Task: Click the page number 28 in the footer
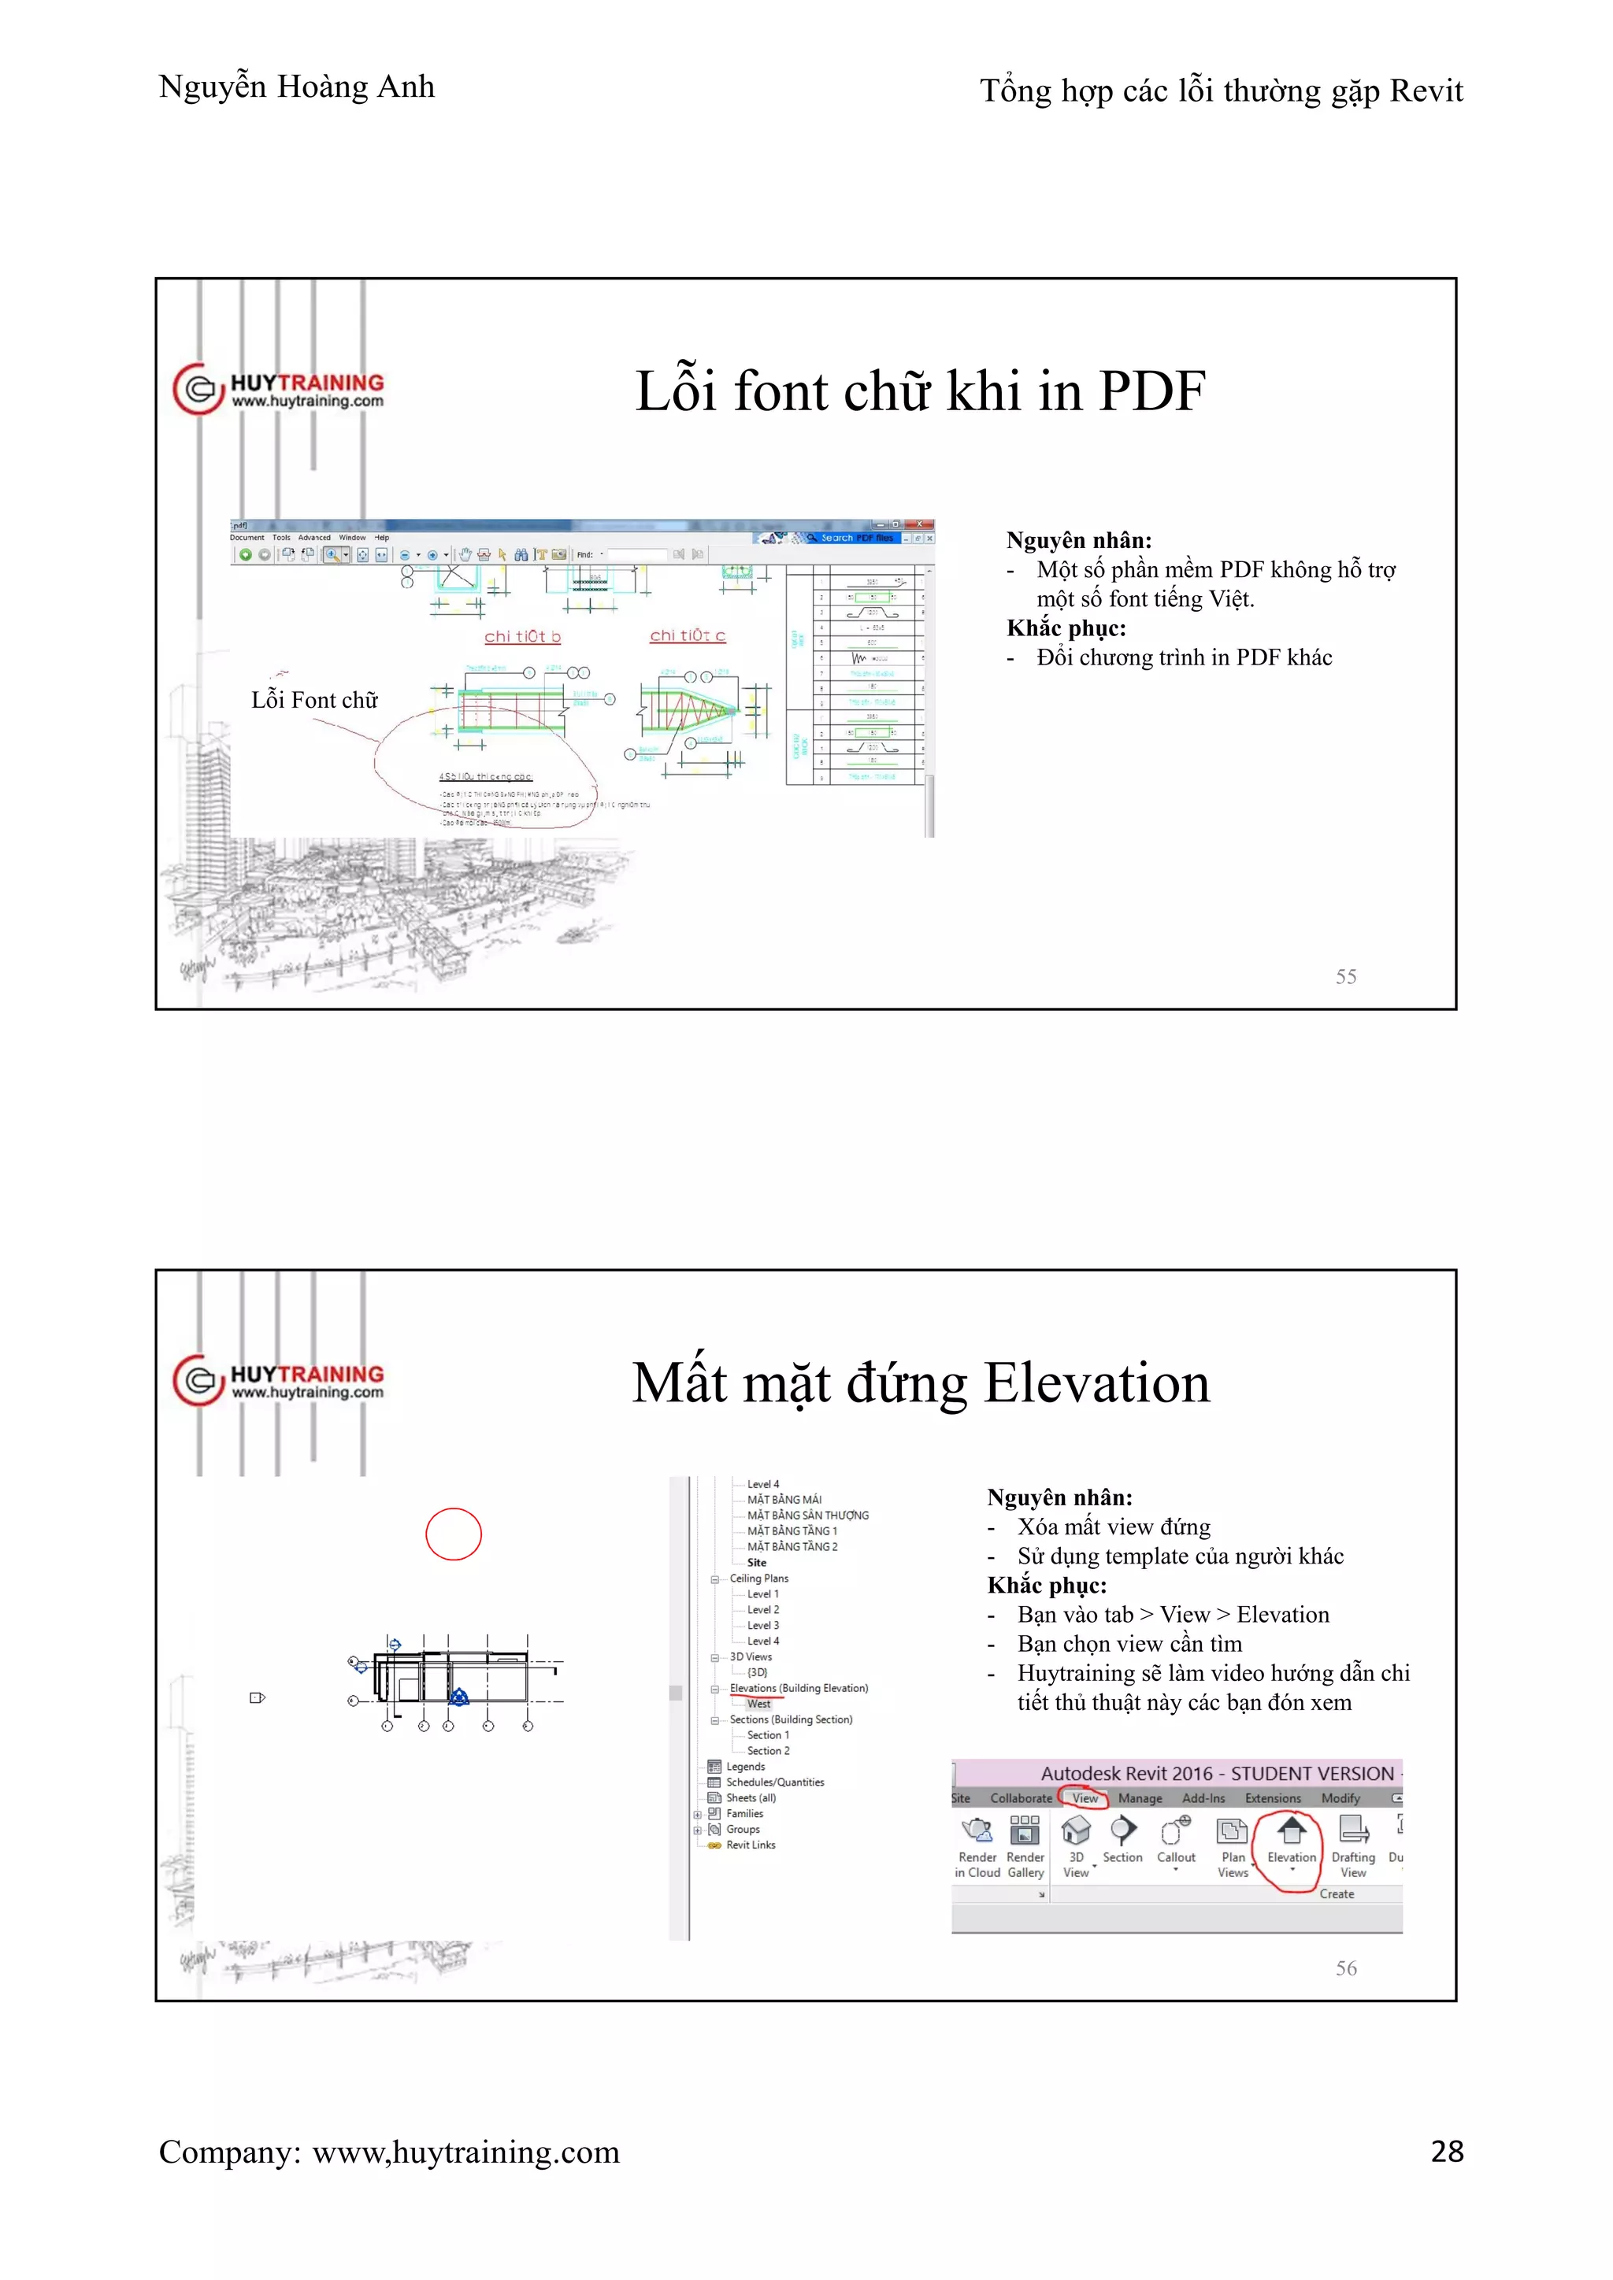pyautogui.click(x=1446, y=2151)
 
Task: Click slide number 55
pyautogui.click(x=1346, y=976)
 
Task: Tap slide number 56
pyautogui.click(x=1346, y=1967)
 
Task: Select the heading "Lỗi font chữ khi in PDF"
pyautogui.click(x=920, y=390)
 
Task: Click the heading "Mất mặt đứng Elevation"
pyautogui.click(x=921, y=1382)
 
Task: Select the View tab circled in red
pyautogui.click(x=1085, y=1798)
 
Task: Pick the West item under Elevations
pyautogui.click(x=758, y=1704)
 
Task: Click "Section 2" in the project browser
pyautogui.click(x=768, y=1751)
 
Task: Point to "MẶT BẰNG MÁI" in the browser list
pyautogui.click(x=784, y=1500)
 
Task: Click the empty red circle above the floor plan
pyautogui.click(x=454, y=1534)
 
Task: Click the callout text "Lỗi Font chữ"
pyautogui.click(x=315, y=700)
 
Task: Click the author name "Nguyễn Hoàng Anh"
pyautogui.click(x=297, y=87)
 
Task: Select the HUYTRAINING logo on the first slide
pyautogui.click(x=279, y=389)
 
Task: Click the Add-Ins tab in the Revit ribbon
pyautogui.click(x=1203, y=1798)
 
